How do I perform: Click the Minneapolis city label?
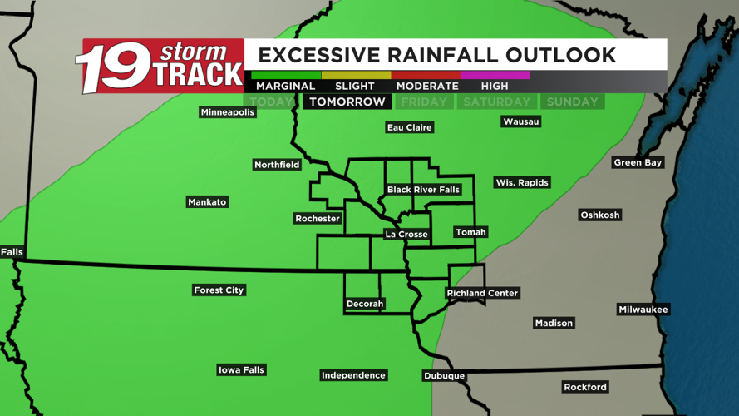coord(227,112)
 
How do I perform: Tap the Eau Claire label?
coord(410,127)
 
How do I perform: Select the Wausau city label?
coord(521,121)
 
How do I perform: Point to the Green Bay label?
coord(638,162)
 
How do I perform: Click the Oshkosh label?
coord(599,215)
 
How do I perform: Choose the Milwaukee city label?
coord(643,310)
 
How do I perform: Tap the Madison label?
coord(554,323)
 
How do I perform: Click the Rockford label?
coord(585,387)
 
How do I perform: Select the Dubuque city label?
coord(444,376)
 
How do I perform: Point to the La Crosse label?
coord(406,235)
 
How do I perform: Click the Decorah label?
coord(365,304)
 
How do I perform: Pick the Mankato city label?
coord(207,202)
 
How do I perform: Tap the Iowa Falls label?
coord(241,369)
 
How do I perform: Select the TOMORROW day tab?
coord(347,102)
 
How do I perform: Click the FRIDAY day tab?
coord(424,102)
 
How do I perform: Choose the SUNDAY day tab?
coord(572,102)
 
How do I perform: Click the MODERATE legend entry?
coord(427,86)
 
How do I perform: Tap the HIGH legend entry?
coord(495,86)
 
